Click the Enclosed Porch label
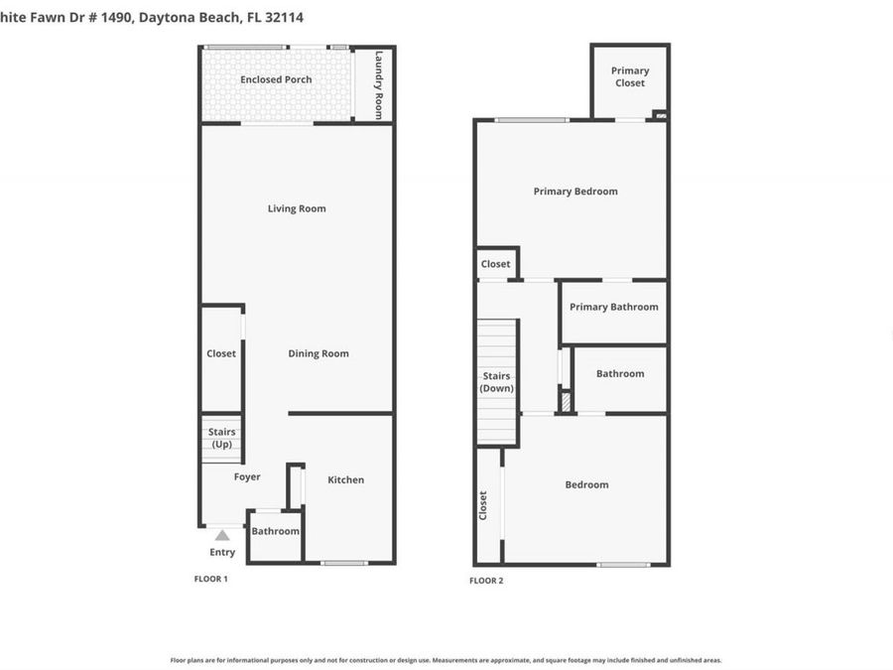click(x=276, y=79)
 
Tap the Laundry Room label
click(x=378, y=85)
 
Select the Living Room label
click(x=297, y=208)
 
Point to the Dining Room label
click(x=319, y=353)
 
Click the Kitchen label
click(x=346, y=479)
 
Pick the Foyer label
click(x=247, y=476)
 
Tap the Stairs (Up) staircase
click(x=222, y=438)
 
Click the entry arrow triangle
click(x=222, y=535)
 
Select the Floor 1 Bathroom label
click(x=275, y=531)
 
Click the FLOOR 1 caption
click(x=211, y=579)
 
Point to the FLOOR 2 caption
click(x=486, y=581)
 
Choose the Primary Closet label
click(x=630, y=76)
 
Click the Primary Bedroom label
click(x=575, y=192)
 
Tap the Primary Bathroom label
click(x=614, y=307)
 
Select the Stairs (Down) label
click(x=496, y=382)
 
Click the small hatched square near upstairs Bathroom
click(x=567, y=402)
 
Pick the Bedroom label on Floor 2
click(x=586, y=484)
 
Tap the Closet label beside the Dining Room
click(x=221, y=353)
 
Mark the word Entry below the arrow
click(x=222, y=552)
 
